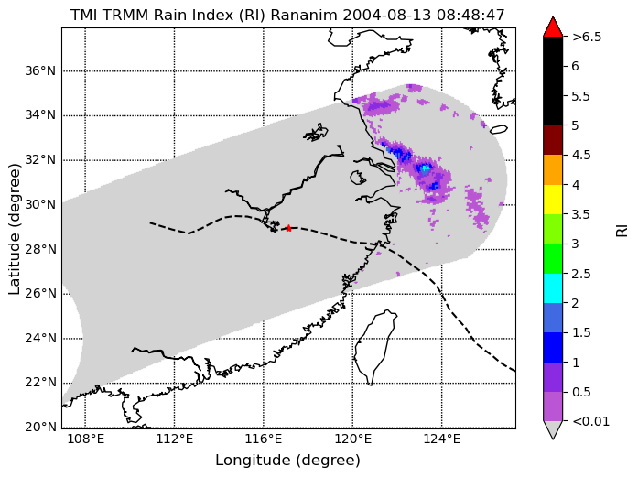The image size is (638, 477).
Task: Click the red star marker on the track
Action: coord(288,228)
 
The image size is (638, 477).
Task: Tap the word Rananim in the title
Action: coord(304,15)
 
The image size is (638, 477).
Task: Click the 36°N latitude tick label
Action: coord(40,71)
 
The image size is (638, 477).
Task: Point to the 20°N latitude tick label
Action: coord(40,427)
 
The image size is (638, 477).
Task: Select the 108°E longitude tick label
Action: coord(85,439)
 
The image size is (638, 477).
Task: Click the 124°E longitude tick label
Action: coord(442,439)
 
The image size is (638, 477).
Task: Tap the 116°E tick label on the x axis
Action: coord(264,439)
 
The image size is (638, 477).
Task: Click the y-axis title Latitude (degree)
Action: coord(15,229)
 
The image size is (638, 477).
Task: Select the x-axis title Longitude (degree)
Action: coord(287,461)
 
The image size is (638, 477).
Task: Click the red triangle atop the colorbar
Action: coord(553,27)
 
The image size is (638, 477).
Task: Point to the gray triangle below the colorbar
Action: coord(553,429)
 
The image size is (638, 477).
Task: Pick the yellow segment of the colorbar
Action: coord(553,200)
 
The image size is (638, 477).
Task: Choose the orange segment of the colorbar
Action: coord(553,169)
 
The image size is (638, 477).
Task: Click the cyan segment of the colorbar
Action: coord(553,288)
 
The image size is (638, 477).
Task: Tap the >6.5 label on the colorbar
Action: coord(587,37)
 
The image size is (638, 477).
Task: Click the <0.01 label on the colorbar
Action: coord(590,421)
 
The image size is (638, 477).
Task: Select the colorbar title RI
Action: coord(622,231)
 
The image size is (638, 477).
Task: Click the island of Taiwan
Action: coord(374,347)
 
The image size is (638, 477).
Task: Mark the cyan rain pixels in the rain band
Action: coord(426,168)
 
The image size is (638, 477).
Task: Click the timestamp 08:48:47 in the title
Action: coord(470,15)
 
